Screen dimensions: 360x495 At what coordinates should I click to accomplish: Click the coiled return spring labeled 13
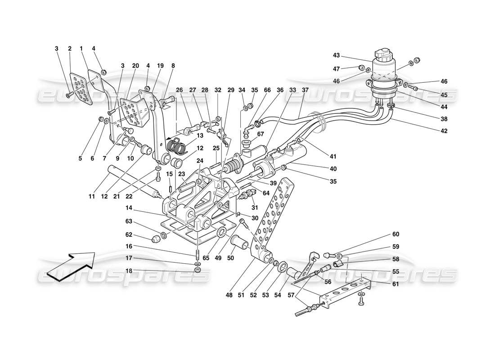(x=175, y=145)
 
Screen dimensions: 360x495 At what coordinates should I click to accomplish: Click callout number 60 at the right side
(x=396, y=234)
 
